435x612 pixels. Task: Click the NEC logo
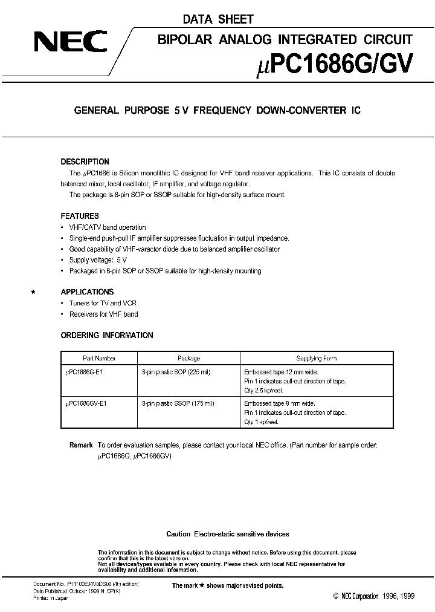(70, 43)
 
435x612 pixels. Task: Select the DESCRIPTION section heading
(85, 162)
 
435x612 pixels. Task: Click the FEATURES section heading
(80, 216)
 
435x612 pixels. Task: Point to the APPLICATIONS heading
(87, 291)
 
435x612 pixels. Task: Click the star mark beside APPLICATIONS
(34, 292)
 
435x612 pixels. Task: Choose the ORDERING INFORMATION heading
(107, 335)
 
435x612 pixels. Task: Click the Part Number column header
(99, 358)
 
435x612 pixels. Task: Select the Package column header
(188, 358)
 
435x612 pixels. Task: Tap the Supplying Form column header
(317, 358)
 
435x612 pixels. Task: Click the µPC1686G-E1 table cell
(84, 373)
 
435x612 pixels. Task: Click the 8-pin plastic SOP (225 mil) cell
(176, 373)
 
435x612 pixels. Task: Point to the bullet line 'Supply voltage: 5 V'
(98, 260)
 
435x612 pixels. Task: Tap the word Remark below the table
(81, 445)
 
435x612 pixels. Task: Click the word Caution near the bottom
(178, 534)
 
